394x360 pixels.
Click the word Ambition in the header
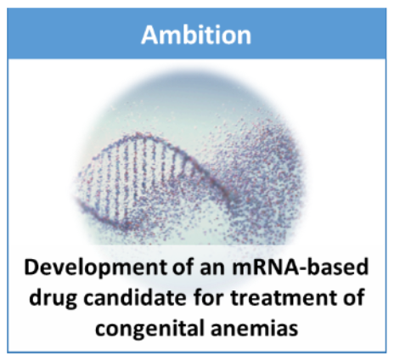point(196,35)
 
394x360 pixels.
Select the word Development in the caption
point(96,268)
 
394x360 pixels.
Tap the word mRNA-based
point(301,267)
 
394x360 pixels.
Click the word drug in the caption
point(53,299)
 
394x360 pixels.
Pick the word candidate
point(135,297)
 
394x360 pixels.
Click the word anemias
point(255,329)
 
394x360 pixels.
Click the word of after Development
point(184,267)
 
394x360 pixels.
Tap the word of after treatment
point(355,297)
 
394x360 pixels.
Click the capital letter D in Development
point(32,267)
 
